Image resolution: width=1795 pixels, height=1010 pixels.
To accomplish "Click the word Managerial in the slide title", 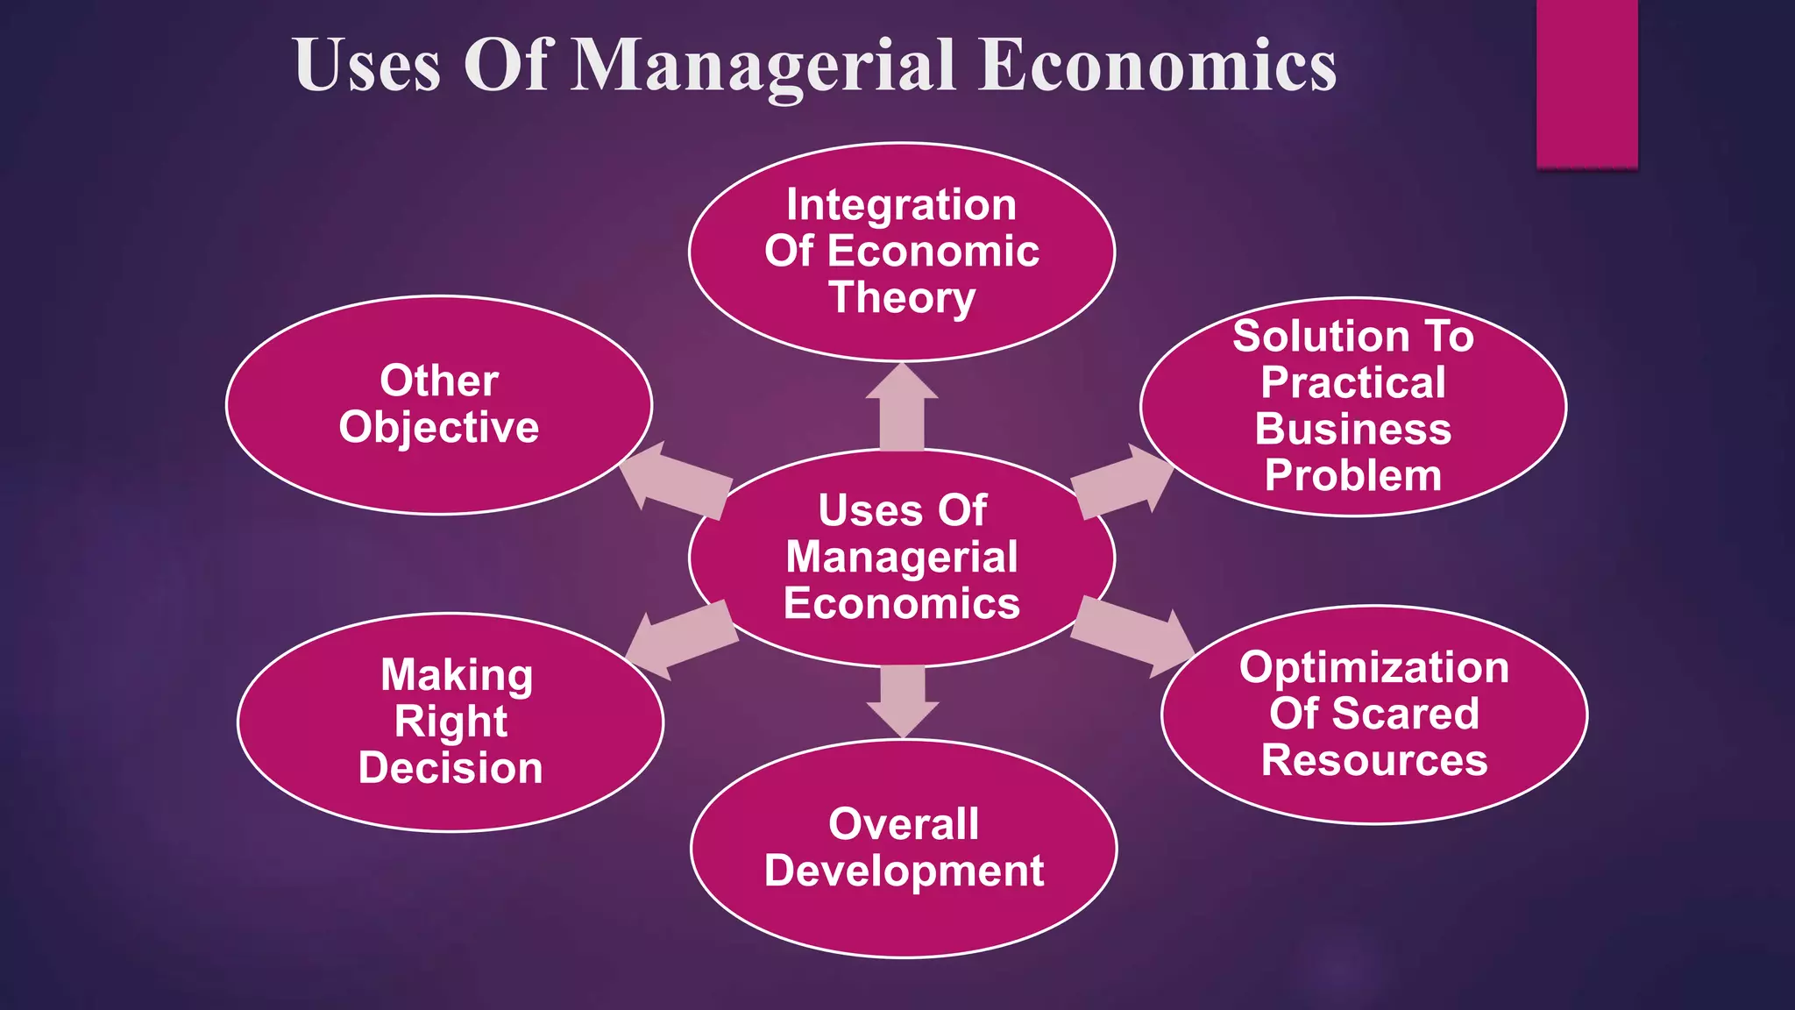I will coord(763,66).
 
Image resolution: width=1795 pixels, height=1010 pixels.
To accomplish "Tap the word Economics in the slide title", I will coord(1157,66).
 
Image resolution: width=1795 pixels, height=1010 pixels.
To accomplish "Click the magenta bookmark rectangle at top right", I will coord(1586,83).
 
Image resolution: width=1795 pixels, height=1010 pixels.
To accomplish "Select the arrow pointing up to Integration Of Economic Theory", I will coord(902,409).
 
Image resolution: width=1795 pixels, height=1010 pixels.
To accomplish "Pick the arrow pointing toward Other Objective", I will coord(675,479).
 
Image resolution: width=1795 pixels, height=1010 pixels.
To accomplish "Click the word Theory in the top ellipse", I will coord(902,297).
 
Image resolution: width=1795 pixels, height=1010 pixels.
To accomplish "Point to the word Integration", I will coord(902,205).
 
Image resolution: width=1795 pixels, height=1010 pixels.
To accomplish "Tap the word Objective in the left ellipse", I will coord(439,428).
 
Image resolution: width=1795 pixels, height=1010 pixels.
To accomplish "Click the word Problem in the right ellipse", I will coord(1352,475).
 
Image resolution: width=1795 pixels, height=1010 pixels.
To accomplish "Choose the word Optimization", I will coord(1373,667).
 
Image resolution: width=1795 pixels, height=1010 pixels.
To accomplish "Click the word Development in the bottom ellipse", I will coord(904,871).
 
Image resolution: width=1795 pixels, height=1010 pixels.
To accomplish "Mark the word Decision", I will coord(451,768).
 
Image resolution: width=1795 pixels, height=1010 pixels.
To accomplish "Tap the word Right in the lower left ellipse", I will coord(451,722).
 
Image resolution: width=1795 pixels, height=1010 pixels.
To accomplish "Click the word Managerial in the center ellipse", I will coord(902,558).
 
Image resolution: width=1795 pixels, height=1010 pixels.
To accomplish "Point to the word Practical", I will coord(1352,383).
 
